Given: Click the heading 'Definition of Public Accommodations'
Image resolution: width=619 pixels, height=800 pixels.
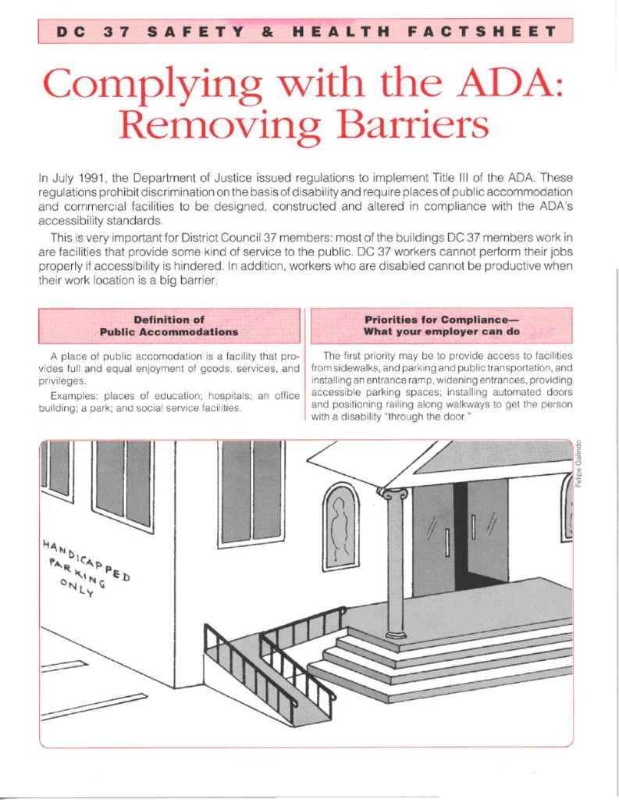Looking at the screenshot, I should (169, 326).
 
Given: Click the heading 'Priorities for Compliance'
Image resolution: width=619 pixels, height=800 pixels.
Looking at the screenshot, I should (441, 326).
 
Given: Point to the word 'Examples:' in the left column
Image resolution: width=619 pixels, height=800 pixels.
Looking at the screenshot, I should (76, 396).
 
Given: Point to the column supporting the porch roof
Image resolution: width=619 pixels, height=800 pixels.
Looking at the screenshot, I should (395, 570).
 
